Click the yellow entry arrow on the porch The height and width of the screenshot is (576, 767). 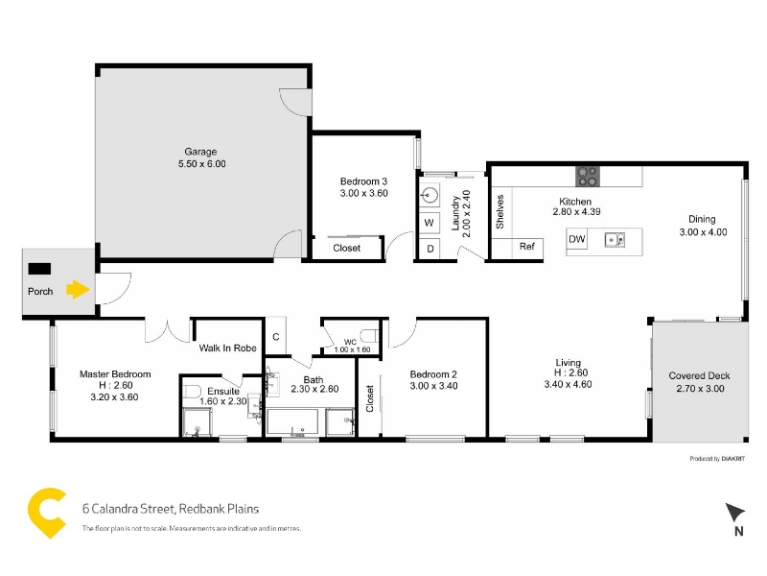click(79, 289)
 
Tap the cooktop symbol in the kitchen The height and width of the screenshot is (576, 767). click(588, 177)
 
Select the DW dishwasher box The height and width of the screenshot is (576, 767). click(577, 239)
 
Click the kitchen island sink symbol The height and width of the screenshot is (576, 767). click(615, 240)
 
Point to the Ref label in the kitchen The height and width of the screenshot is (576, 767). click(526, 247)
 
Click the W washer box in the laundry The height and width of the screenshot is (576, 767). click(430, 223)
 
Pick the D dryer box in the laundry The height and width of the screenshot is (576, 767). click(430, 249)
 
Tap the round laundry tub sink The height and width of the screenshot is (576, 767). click(430, 195)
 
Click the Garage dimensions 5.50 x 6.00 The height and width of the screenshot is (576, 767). click(202, 164)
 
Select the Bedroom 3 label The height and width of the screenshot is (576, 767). click(364, 181)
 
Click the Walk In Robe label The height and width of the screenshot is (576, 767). click(227, 348)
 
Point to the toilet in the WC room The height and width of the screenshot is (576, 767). click(370, 337)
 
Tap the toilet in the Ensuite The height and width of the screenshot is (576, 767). click(193, 393)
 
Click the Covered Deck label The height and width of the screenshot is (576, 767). click(699, 375)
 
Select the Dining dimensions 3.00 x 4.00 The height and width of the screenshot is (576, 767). click(703, 232)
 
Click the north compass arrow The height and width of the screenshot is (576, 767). click(734, 512)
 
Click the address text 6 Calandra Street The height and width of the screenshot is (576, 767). click(128, 509)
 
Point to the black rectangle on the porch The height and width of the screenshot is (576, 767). click(39, 269)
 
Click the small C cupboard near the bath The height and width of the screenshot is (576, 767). click(276, 337)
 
